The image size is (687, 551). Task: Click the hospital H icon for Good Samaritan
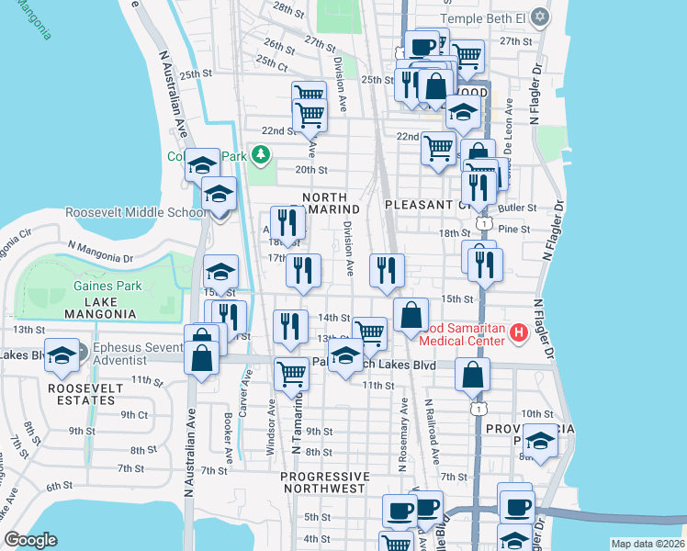point(518,332)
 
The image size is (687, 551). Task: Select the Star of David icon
point(541,17)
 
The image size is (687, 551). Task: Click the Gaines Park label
point(107,286)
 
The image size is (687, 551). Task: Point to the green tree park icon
point(262,154)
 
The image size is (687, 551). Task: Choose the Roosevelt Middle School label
point(135,212)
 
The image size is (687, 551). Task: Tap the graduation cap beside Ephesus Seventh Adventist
point(62,354)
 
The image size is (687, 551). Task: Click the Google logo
point(30,540)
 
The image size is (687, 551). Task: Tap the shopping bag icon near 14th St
point(411,314)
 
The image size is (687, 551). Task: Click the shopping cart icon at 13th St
point(370,332)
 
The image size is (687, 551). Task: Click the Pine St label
point(514,229)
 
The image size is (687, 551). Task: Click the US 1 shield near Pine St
point(482,223)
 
